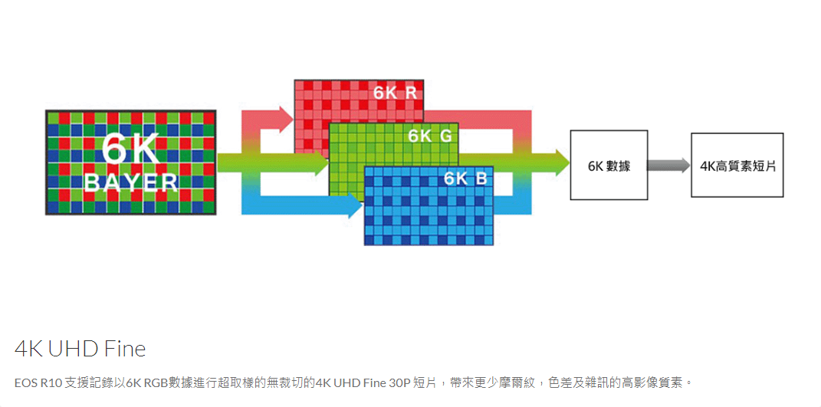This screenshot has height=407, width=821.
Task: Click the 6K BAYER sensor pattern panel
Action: [130, 162]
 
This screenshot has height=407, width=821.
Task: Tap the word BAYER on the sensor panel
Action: [130, 182]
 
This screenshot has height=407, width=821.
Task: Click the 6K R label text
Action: [395, 94]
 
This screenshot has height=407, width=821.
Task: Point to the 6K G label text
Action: [430, 136]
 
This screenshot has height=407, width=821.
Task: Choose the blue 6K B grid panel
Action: [429, 206]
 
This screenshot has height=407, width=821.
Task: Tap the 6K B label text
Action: [465, 179]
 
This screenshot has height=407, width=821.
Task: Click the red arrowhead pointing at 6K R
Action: [286, 120]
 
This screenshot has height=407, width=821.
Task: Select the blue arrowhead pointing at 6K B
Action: [354, 205]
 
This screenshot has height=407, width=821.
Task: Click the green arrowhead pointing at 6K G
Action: [320, 162]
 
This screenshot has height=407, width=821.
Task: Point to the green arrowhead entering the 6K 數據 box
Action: [562, 162]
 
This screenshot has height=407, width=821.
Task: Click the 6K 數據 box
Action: [609, 165]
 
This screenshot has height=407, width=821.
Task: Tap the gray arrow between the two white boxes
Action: [669, 165]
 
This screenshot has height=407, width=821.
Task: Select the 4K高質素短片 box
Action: [737, 165]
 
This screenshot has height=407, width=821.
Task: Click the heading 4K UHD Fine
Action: [80, 349]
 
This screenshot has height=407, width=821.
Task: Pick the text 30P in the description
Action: [399, 382]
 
